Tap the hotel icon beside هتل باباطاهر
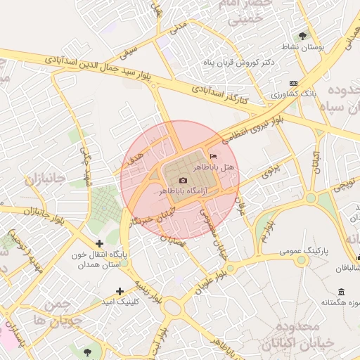[214, 156]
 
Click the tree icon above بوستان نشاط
[303, 34]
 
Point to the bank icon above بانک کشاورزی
[292, 83]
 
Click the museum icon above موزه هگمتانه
[341, 292]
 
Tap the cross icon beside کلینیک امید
[120, 290]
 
